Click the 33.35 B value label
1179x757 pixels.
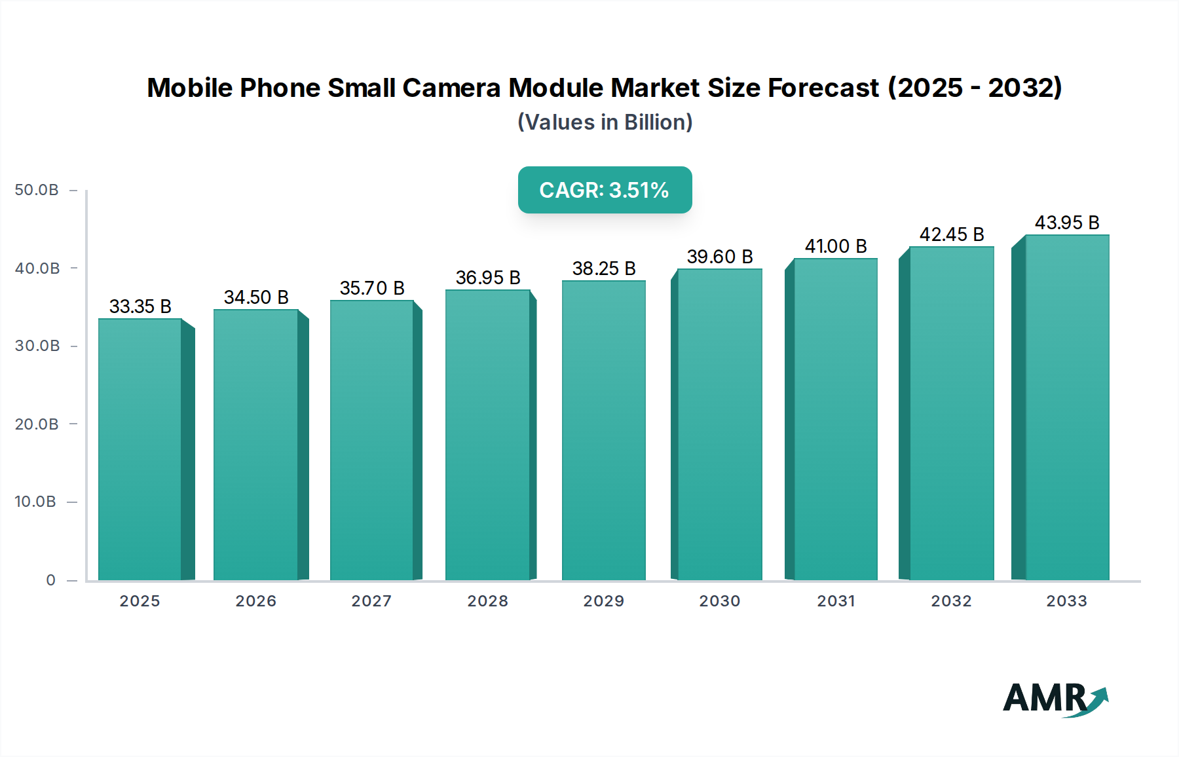(x=140, y=306)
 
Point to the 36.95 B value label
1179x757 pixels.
(x=488, y=278)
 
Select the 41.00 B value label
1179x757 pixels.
(x=836, y=246)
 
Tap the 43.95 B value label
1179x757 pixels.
(x=1067, y=223)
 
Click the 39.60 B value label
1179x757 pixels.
(x=720, y=257)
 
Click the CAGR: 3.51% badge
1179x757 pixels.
(x=605, y=190)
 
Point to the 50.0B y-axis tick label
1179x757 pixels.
(x=37, y=190)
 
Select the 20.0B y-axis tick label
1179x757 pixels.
(x=37, y=424)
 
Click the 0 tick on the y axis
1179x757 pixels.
(x=51, y=580)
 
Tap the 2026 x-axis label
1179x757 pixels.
(x=256, y=601)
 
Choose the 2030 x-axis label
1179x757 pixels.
(x=720, y=601)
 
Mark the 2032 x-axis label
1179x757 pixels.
(x=951, y=601)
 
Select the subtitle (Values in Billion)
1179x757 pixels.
(x=605, y=122)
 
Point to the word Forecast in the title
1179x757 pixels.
(x=823, y=88)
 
